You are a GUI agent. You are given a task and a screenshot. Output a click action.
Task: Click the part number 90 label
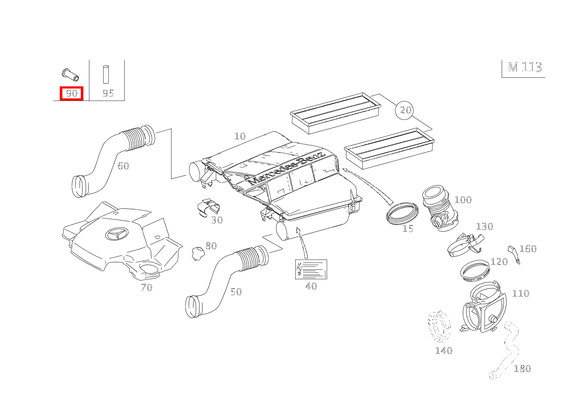tap(71, 93)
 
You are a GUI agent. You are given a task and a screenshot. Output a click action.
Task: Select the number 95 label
tap(108, 93)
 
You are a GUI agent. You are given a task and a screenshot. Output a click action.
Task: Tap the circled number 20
tap(405, 110)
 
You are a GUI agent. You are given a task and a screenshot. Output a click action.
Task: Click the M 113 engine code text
tap(524, 67)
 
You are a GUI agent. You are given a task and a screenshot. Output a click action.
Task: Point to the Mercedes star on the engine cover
tap(116, 234)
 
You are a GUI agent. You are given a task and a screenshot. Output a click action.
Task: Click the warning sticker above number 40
tap(311, 269)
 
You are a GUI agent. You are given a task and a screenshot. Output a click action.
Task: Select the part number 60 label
tap(123, 166)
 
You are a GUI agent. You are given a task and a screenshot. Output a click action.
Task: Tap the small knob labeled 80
tap(198, 253)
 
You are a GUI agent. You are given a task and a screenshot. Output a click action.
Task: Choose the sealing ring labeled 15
tap(402, 213)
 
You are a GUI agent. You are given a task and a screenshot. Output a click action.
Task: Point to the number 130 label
tap(484, 226)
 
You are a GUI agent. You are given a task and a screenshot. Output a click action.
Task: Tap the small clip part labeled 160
tap(513, 254)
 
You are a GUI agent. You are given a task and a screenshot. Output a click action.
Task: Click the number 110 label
tap(520, 293)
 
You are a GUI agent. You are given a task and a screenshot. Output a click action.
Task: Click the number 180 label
tap(522, 369)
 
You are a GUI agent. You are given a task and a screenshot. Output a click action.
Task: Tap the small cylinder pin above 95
tap(106, 74)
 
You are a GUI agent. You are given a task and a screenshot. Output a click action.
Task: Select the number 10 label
tap(240, 136)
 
